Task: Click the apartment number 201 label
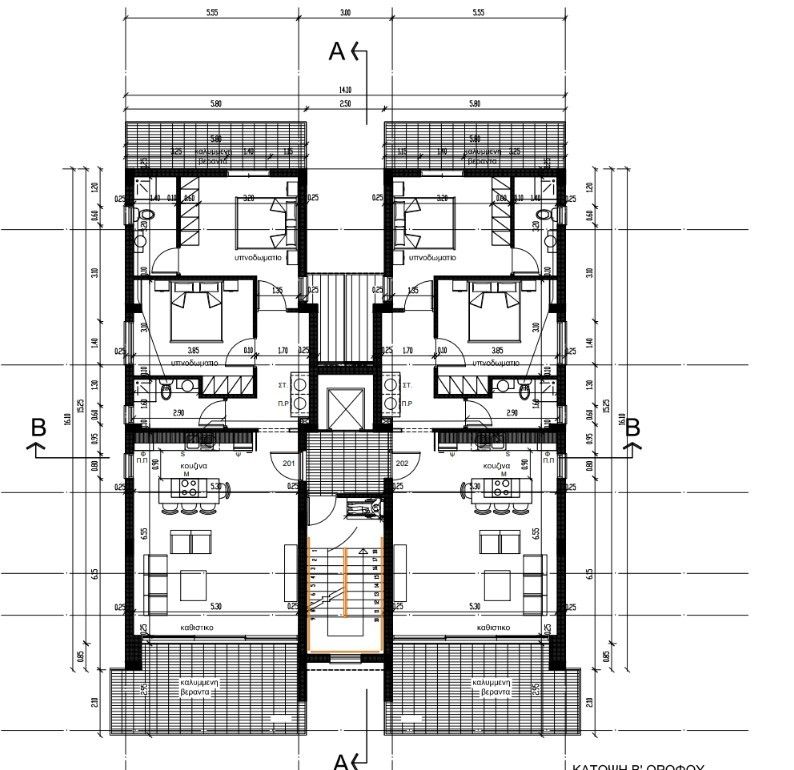tap(288, 464)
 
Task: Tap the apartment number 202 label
tap(402, 464)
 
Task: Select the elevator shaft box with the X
tap(345, 405)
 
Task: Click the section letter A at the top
tap(337, 51)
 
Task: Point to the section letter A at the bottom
tap(340, 762)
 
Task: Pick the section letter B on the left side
tap(39, 427)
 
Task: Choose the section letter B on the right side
tap(632, 427)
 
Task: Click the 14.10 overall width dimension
tap(345, 90)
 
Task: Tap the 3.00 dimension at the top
tap(345, 13)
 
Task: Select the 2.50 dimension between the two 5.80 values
tap(345, 103)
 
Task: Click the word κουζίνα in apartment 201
tap(194, 466)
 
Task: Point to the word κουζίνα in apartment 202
tap(497, 466)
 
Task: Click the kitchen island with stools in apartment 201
tap(193, 489)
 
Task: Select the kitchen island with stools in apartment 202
tap(497, 489)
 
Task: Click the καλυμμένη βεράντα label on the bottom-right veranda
tap(492, 687)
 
